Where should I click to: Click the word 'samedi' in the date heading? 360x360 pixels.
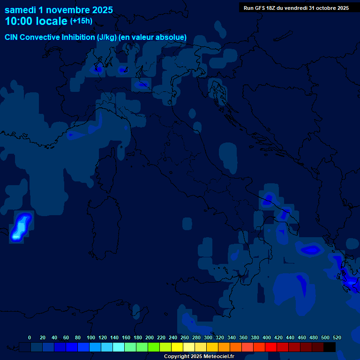point(20,10)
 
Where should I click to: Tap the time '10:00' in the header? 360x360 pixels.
point(20,21)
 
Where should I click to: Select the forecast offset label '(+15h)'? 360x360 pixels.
point(81,21)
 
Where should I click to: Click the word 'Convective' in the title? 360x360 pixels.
point(40,37)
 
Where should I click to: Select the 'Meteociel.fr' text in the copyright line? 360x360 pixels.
point(215,356)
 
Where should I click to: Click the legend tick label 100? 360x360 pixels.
point(91,337)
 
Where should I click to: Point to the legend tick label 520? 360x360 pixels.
point(337,337)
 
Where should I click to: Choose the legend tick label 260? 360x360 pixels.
point(185,337)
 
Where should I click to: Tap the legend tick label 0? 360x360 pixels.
point(30,337)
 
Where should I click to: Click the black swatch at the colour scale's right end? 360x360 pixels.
point(330,347)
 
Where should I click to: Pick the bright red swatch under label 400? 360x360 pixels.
point(270,347)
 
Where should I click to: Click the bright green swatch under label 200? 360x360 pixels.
point(153,347)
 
